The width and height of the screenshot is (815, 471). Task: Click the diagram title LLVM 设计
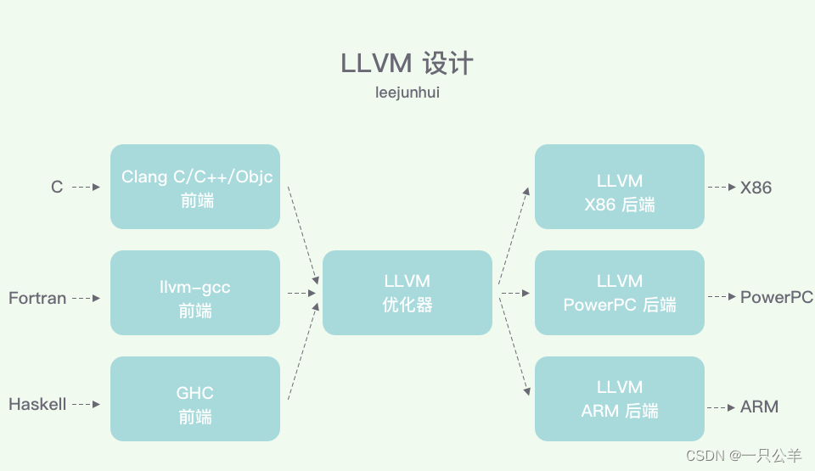point(407,64)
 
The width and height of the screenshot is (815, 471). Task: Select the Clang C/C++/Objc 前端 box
point(195,187)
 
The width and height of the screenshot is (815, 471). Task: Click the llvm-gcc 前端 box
point(195,293)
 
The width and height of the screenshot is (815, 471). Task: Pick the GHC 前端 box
point(195,399)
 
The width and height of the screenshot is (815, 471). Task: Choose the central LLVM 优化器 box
point(407,293)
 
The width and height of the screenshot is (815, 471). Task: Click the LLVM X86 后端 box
point(620,187)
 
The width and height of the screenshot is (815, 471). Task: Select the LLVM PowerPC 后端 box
point(620,293)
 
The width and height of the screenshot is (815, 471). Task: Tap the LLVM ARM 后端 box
point(620,399)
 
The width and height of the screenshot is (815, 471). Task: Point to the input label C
point(57,187)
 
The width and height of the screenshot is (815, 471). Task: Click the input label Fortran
point(37,298)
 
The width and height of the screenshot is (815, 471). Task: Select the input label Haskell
point(37,405)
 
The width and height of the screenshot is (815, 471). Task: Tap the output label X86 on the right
point(756,188)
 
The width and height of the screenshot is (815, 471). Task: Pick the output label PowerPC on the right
point(776,297)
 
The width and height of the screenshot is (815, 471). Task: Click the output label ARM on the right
point(759,407)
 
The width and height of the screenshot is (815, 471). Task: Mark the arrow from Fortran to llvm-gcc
point(87,298)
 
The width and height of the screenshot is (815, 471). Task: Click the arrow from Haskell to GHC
point(87,405)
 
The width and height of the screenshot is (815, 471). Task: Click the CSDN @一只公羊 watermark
point(743,456)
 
